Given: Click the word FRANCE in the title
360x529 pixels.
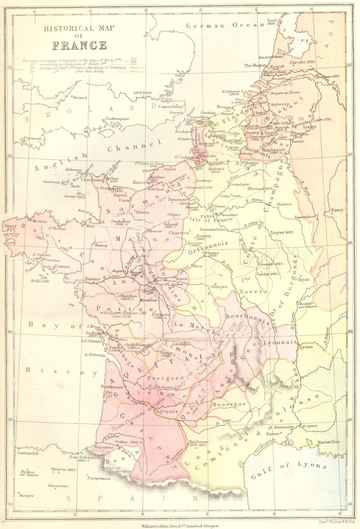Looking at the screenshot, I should pyautogui.click(x=79, y=45).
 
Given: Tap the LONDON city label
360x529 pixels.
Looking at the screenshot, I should pyautogui.click(x=142, y=93).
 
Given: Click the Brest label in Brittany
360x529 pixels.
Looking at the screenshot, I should pyautogui.click(x=9, y=226).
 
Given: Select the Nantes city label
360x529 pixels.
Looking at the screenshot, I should pyautogui.click(x=92, y=279).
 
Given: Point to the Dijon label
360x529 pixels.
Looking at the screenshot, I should pyautogui.click(x=303, y=280).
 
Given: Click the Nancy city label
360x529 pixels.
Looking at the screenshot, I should pyautogui.click(x=337, y=210).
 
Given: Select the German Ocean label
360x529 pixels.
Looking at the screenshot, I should pyautogui.click(x=225, y=25).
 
